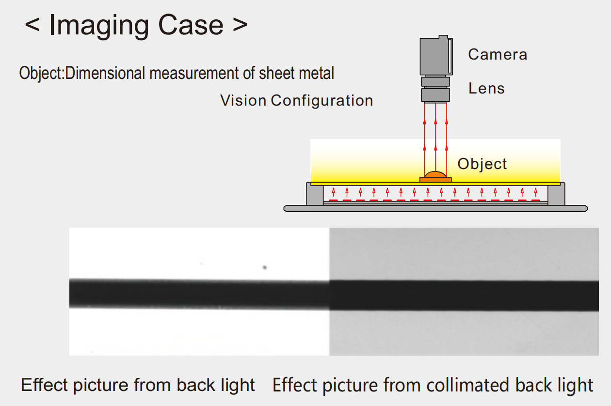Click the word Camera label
coord(497,54)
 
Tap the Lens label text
coord(486,89)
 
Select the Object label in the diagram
coord(482,164)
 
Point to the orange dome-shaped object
coord(435,174)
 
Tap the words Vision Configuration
coord(296,101)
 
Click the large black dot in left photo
coord(265,267)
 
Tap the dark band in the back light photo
coord(199,294)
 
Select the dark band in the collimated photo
coord(464,295)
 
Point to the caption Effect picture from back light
coord(138,385)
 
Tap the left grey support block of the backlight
coord(314,194)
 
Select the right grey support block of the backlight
coord(556,194)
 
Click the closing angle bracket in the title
coord(240,25)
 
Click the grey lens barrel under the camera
coord(435,88)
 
